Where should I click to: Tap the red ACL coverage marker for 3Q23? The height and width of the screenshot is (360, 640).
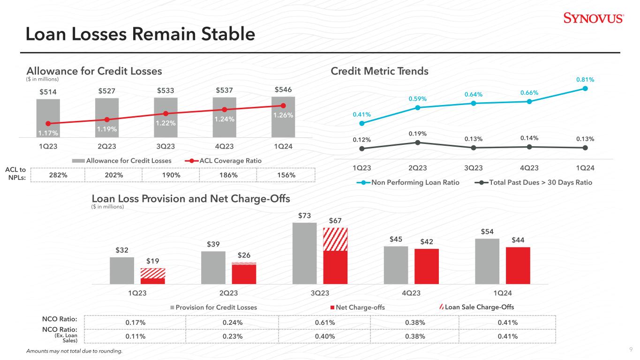pos(166,113)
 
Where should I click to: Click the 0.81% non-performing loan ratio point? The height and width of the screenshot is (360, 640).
pos(585,88)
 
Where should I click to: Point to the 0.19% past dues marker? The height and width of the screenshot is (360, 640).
pos(417,142)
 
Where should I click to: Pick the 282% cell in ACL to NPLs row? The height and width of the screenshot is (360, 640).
pos(58,175)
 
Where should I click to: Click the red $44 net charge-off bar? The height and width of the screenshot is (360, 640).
pos(518,265)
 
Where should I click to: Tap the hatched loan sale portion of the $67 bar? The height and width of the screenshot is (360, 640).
pos(335,239)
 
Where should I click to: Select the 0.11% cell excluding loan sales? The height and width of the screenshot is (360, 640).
pos(135,336)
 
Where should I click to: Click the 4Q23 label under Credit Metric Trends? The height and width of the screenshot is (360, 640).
pos(529,168)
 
